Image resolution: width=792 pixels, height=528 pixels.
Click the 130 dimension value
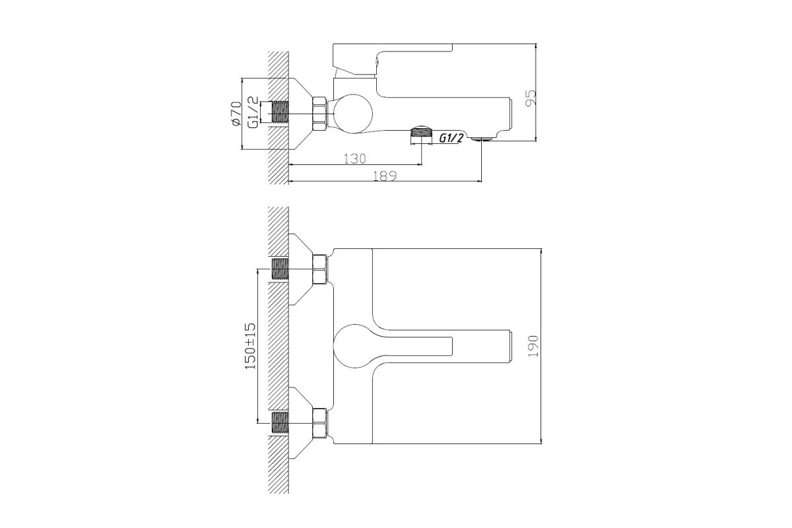pyautogui.click(x=354, y=159)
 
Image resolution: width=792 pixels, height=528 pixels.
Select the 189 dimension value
pyautogui.click(x=385, y=176)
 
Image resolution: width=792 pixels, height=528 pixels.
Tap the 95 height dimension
pyautogui.click(x=531, y=98)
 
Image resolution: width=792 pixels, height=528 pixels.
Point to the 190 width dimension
pyautogui.click(x=533, y=346)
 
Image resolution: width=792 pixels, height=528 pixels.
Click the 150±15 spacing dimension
pyautogui.click(x=250, y=346)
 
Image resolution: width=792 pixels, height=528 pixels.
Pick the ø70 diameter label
pyautogui.click(x=236, y=113)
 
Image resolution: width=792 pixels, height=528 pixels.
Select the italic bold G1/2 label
pyautogui.click(x=451, y=138)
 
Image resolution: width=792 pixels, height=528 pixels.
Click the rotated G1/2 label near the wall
pyautogui.click(x=253, y=112)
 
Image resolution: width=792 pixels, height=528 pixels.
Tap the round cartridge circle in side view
pyautogui.click(x=352, y=114)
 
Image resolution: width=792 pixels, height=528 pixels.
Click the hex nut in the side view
pyautogui.click(x=319, y=114)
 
